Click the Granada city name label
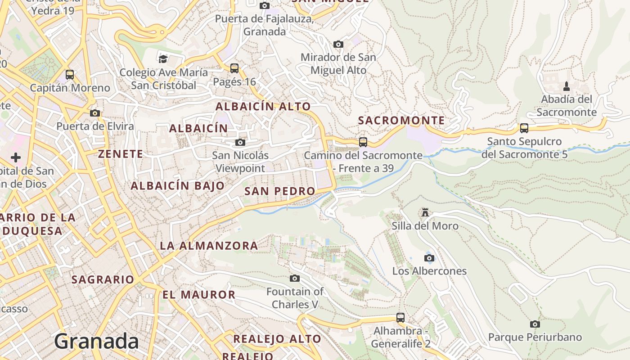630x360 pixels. tap(96, 342)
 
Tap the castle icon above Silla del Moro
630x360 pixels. tap(425, 212)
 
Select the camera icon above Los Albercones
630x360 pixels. tap(429, 258)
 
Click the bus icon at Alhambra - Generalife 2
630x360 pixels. tap(400, 317)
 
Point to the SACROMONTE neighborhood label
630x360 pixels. tap(401, 121)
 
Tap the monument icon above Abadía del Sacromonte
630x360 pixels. tap(567, 86)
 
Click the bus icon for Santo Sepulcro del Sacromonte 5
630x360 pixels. tap(524, 128)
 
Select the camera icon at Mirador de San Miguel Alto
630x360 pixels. tap(338, 44)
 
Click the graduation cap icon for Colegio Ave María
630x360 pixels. tap(163, 59)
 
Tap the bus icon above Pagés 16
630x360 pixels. tap(234, 68)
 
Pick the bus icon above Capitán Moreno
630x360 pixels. tap(70, 74)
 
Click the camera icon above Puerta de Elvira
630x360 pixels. tap(95, 113)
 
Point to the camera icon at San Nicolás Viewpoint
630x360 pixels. tap(240, 142)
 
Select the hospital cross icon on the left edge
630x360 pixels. tap(16, 157)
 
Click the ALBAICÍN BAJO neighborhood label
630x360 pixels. tap(177, 185)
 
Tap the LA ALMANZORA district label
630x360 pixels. tap(209, 246)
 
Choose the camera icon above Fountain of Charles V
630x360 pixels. tap(295, 278)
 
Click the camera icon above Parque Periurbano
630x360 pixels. tap(535, 324)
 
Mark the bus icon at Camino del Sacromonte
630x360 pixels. tap(363, 142)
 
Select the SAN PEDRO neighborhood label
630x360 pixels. tap(279, 191)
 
